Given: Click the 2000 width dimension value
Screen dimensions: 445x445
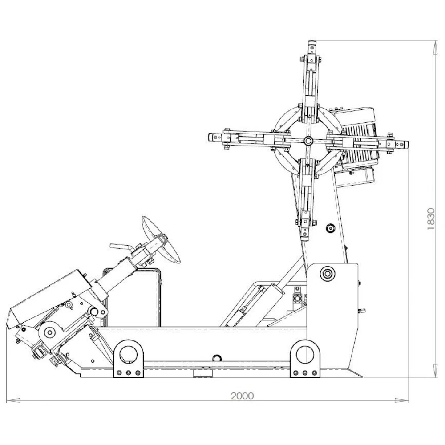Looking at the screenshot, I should coord(242,396).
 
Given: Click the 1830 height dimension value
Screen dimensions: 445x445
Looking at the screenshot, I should coord(430,218).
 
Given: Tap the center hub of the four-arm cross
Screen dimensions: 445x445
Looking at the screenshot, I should coord(308,141).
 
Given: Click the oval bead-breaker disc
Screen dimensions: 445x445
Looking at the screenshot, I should coord(161,239).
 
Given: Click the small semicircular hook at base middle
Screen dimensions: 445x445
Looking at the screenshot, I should coord(217,357).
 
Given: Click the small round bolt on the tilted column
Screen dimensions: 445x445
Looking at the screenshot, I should coord(330,228).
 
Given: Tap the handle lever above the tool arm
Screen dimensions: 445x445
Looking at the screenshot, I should coord(121,246).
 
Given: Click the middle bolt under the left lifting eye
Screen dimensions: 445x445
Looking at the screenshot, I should coord(129,373).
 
